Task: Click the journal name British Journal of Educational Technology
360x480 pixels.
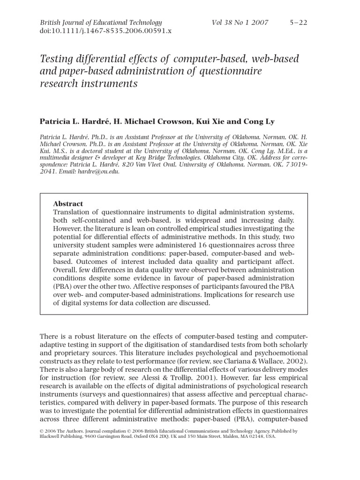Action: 101,22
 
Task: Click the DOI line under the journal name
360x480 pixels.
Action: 106,31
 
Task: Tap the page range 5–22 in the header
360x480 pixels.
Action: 298,22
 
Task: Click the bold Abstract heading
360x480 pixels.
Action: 68,204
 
